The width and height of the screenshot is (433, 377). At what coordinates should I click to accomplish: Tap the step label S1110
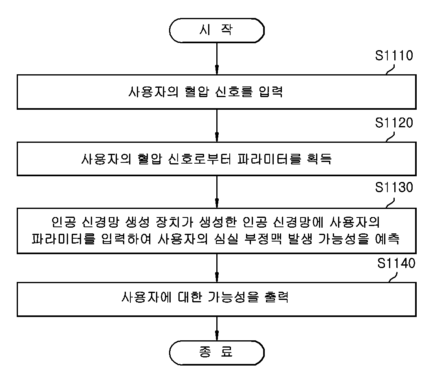click(394, 55)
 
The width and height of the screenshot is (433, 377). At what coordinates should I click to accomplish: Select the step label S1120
click(394, 123)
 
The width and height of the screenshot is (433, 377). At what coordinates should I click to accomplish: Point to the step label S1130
click(394, 188)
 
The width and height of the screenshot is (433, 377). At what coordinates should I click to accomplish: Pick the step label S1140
click(396, 263)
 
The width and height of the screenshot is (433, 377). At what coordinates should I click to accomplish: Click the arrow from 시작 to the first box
click(217, 59)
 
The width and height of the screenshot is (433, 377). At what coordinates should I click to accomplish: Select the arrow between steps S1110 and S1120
click(217, 126)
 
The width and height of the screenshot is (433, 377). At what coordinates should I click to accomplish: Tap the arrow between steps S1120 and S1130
click(217, 192)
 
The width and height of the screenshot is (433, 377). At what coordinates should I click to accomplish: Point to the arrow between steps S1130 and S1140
click(217, 268)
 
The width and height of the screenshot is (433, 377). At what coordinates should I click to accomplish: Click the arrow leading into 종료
click(217, 328)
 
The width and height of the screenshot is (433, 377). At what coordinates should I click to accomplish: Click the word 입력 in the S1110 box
click(271, 92)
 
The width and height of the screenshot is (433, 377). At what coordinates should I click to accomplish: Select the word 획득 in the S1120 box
click(319, 159)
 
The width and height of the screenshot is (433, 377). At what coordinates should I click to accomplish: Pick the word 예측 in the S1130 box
click(387, 239)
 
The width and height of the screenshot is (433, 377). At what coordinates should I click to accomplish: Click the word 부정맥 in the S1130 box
click(263, 239)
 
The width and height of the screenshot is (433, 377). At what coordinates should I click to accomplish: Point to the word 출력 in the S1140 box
click(277, 297)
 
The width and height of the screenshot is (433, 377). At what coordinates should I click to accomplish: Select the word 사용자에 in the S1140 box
click(147, 297)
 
